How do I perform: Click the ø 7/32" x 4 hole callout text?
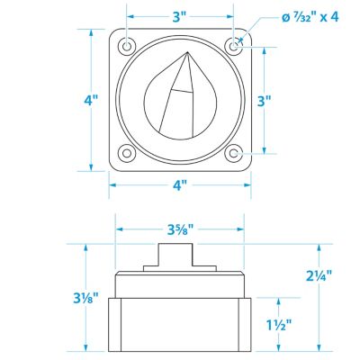click(x=310, y=18)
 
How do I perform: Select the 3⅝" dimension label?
click(x=180, y=229)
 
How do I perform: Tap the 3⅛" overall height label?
click(x=85, y=298)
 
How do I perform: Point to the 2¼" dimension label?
click(x=319, y=275)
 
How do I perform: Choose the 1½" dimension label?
click(x=279, y=325)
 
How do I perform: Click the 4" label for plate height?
click(x=91, y=101)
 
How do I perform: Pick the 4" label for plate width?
click(x=180, y=185)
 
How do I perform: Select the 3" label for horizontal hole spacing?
click(x=180, y=17)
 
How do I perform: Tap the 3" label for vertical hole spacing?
click(x=265, y=101)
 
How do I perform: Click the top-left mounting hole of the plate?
click(x=127, y=47)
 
